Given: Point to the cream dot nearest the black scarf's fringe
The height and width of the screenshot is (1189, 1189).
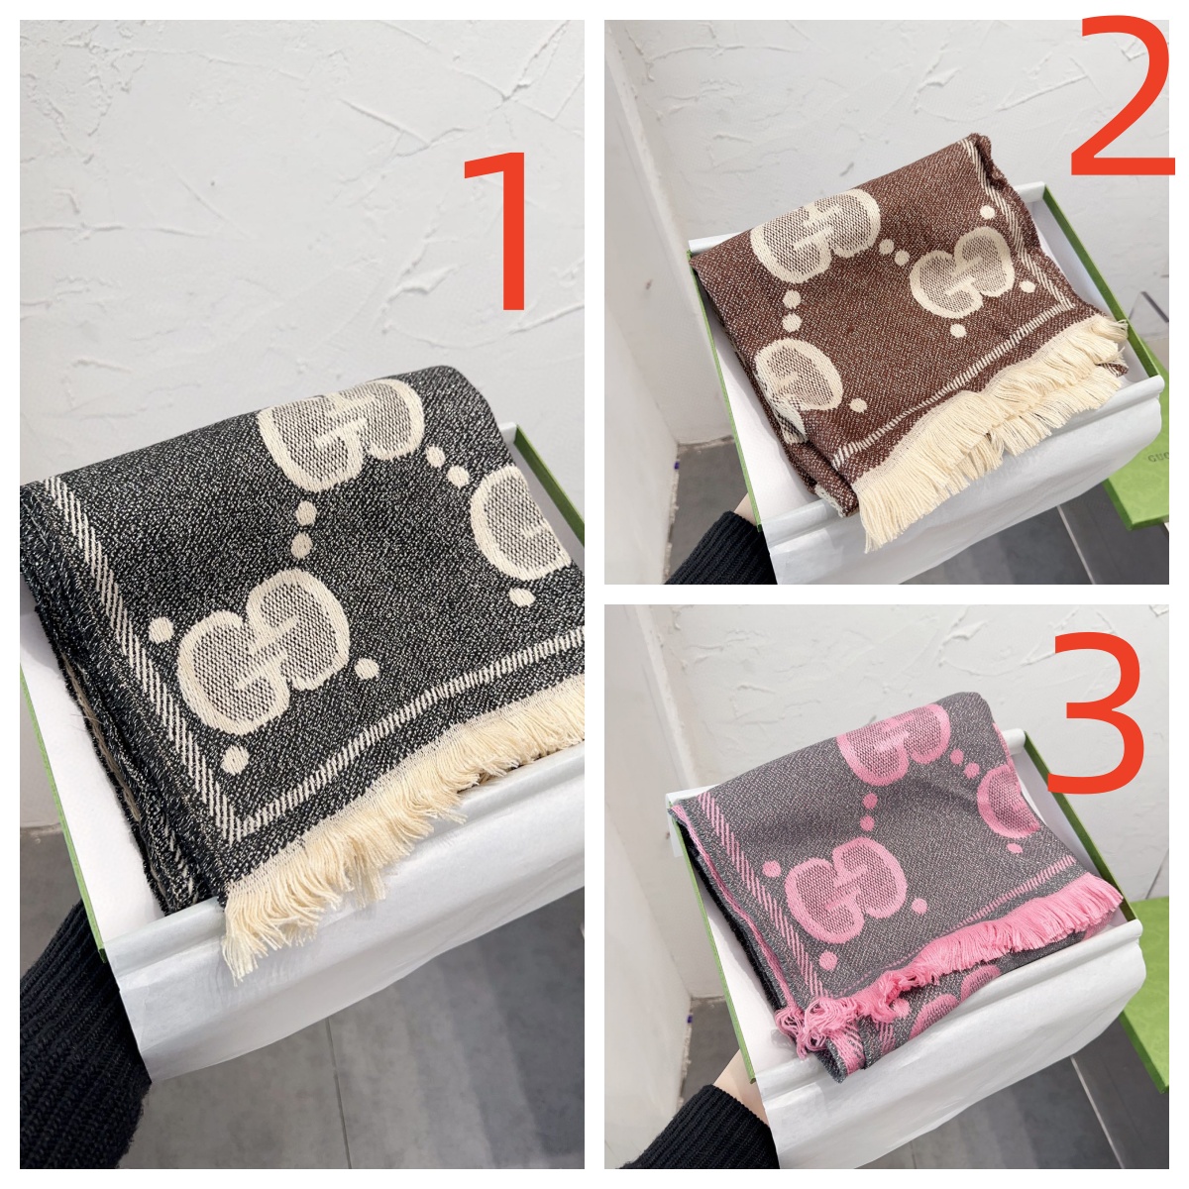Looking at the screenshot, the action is click(x=234, y=758).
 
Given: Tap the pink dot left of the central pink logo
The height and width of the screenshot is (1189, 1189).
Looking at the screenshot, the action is click(x=771, y=869).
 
